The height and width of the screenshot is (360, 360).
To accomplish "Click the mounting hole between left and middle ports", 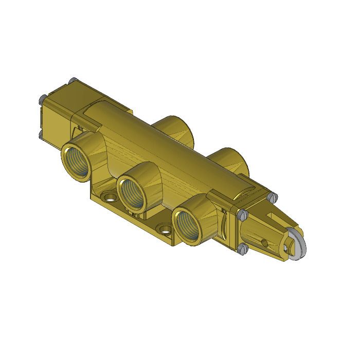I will tap(109, 196).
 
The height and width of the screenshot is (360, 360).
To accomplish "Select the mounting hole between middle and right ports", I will tap(165, 228).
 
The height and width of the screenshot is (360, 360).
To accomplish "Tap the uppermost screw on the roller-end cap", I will tap(273, 196).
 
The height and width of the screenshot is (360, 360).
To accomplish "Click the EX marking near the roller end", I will tap(224, 211).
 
